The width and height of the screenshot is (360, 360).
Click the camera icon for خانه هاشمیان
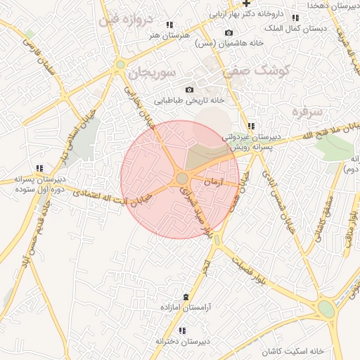229,33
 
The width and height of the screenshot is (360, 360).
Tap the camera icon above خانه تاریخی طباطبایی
189,89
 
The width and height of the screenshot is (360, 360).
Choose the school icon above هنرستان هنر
169,25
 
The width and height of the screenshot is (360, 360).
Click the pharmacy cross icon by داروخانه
246,4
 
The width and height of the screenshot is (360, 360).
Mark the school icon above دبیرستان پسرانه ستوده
39,168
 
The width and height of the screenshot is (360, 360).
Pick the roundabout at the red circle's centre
181,179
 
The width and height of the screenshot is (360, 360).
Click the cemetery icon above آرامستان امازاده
186,297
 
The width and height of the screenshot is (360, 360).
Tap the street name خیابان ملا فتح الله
321,131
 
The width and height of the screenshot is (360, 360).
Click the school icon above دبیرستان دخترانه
182,330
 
